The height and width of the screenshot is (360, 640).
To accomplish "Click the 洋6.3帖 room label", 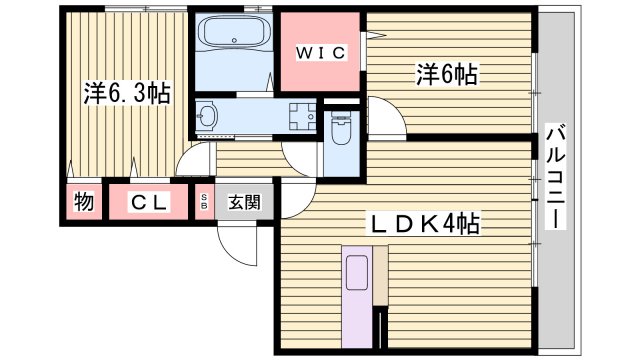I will point(126,94).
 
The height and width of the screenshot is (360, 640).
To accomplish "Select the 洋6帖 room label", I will point(446,74).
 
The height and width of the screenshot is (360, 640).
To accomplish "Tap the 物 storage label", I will point(84,202).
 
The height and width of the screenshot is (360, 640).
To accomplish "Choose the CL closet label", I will point(150,202).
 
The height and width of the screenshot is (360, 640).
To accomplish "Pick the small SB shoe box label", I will point(206,202).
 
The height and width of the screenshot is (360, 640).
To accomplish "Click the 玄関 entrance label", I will point(243,202).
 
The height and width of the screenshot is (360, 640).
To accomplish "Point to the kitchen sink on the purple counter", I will point(357,275).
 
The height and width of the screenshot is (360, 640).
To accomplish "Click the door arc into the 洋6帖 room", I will point(385,115).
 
